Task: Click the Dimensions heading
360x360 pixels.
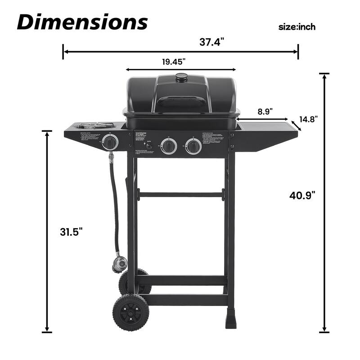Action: pyautogui.click(x=82, y=21)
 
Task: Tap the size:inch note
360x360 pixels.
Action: pyautogui.click(x=297, y=27)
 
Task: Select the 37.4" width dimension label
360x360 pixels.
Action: pyautogui.click(x=211, y=42)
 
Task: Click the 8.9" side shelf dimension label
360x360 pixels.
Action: pyautogui.click(x=265, y=111)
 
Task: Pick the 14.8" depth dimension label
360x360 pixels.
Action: pyautogui.click(x=308, y=119)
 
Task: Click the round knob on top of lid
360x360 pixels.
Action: pyautogui.click(x=181, y=77)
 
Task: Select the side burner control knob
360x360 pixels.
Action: pyautogui.click(x=110, y=143)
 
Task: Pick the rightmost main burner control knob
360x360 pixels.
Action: pyautogui.click(x=193, y=146)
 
